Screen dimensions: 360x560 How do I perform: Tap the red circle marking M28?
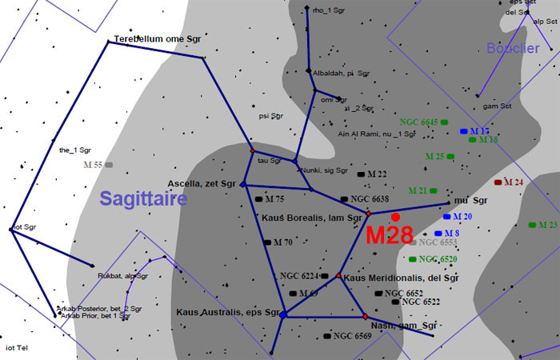click(x=395, y=217)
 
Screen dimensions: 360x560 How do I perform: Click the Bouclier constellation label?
click(x=513, y=49)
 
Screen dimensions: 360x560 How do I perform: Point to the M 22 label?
click(x=377, y=174)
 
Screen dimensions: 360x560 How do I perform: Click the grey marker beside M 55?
click(x=109, y=165)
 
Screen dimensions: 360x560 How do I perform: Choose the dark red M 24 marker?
click(x=498, y=182)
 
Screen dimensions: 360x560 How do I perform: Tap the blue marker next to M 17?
click(x=464, y=130)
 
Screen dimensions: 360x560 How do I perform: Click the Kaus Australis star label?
click(x=227, y=311)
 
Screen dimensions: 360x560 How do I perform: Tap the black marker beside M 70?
click(x=268, y=242)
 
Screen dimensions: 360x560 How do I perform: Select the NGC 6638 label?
click(x=370, y=198)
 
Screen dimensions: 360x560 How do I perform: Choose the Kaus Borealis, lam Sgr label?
click(x=314, y=217)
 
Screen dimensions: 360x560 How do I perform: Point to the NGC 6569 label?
click(x=353, y=336)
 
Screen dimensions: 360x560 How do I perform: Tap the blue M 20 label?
click(x=464, y=217)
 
